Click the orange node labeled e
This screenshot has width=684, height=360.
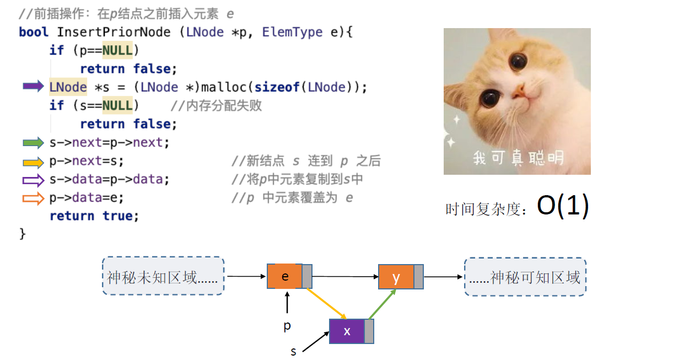(285, 276)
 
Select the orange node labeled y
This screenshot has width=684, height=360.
(396, 277)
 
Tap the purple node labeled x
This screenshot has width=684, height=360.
(347, 331)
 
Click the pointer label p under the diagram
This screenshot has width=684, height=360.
(287, 326)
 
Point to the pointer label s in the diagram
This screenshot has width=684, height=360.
(293, 351)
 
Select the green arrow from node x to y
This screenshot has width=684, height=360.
(382, 304)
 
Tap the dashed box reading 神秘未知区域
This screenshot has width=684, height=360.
(163, 276)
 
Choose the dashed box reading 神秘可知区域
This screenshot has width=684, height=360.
(525, 277)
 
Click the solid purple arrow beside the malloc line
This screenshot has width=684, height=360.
(33, 87)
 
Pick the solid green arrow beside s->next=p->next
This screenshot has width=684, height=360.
(33, 143)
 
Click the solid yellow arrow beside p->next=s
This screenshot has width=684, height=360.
(33, 162)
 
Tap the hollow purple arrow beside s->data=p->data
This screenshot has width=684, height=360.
(33, 180)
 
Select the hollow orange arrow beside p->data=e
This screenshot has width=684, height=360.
(33, 198)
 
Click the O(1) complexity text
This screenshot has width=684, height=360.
(563, 206)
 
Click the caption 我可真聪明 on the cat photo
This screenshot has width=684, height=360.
(518, 158)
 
